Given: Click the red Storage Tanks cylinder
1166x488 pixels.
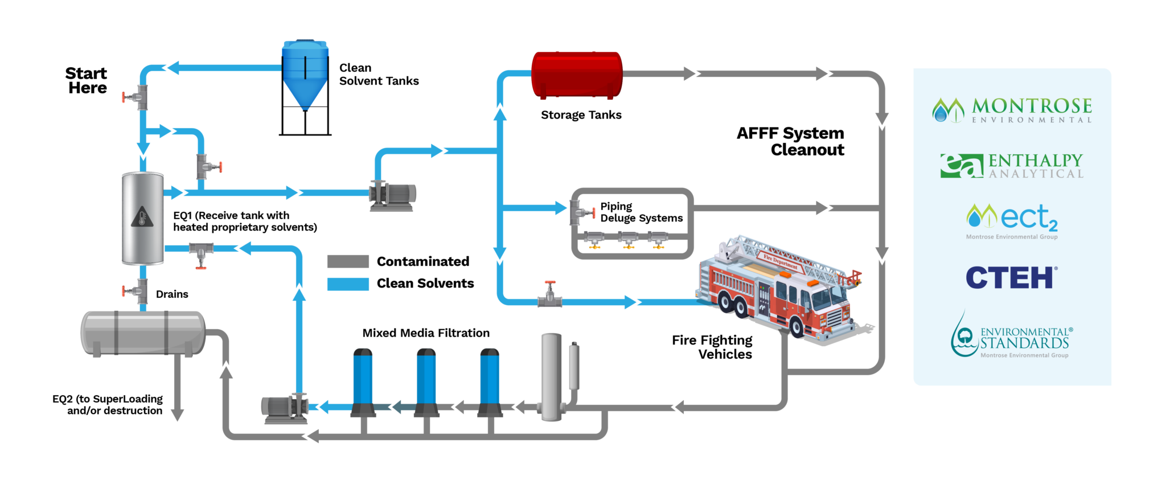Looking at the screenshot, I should (x=576, y=74).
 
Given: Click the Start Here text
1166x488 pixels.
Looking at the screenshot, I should (x=86, y=80).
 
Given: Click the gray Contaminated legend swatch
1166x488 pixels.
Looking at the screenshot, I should (x=348, y=261).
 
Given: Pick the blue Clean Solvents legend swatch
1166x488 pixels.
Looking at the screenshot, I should (x=348, y=284).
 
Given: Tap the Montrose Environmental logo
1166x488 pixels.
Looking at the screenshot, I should (x=1012, y=110).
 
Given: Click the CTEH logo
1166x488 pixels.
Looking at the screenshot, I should (x=1012, y=278).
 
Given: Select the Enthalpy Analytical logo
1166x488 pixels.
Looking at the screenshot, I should (x=1012, y=166).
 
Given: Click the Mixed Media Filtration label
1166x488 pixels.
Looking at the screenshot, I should (x=426, y=333).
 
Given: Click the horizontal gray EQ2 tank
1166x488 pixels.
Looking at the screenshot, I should (x=142, y=333).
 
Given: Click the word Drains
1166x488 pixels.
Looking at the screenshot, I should (x=172, y=294).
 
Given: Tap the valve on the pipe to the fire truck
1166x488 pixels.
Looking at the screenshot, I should (x=550, y=294).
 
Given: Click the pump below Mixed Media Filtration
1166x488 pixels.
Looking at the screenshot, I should (x=284, y=408).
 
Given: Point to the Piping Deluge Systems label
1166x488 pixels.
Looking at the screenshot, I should (x=641, y=212).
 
